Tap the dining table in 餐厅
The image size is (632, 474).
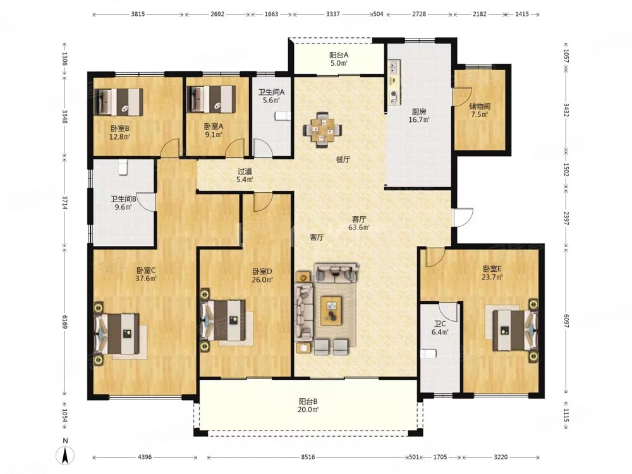click(322, 130)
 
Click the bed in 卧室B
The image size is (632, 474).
click(119, 102)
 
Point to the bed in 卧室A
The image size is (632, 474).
click(212, 99)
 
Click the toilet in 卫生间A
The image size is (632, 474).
click(283, 116)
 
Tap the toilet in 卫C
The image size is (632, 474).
click(428, 354)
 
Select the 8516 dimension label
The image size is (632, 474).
click(308, 457)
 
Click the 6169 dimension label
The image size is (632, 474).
click(65, 321)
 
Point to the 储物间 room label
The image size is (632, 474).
click(480, 106)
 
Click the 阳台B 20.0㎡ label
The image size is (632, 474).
click(308, 406)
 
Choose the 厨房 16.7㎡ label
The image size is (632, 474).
click(419, 115)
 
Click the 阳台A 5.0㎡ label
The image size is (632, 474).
click(339, 59)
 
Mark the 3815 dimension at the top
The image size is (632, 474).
click(138, 14)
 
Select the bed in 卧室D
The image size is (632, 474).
click(224, 320)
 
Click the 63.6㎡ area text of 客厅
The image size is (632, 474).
click(359, 228)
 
